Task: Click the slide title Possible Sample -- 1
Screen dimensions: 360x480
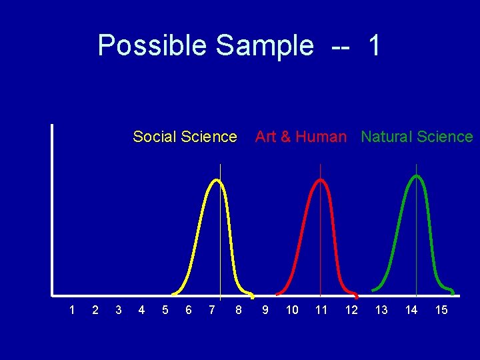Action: click(x=239, y=45)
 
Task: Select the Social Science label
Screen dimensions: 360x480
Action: click(x=185, y=137)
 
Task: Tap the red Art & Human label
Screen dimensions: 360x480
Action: click(x=301, y=137)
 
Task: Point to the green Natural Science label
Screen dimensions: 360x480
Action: click(x=417, y=137)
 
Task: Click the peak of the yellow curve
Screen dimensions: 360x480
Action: click(x=215, y=180)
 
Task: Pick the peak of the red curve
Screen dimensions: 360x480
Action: click(x=320, y=180)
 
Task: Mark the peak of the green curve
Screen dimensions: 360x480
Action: click(x=417, y=176)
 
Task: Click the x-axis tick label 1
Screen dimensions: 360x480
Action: click(x=72, y=310)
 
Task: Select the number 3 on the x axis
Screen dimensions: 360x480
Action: click(x=118, y=310)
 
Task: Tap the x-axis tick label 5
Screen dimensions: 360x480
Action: click(x=165, y=310)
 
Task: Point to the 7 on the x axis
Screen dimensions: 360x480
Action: click(x=211, y=310)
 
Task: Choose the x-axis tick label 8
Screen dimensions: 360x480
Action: click(x=239, y=310)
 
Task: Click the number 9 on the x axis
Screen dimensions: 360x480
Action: click(x=265, y=310)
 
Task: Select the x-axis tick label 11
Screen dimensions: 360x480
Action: click(x=321, y=310)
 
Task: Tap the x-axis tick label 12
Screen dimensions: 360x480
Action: click(x=351, y=310)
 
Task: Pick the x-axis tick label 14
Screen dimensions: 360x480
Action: click(x=411, y=310)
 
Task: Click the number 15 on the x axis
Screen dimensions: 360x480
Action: click(x=441, y=310)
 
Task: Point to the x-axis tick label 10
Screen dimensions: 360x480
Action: click(x=292, y=310)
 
